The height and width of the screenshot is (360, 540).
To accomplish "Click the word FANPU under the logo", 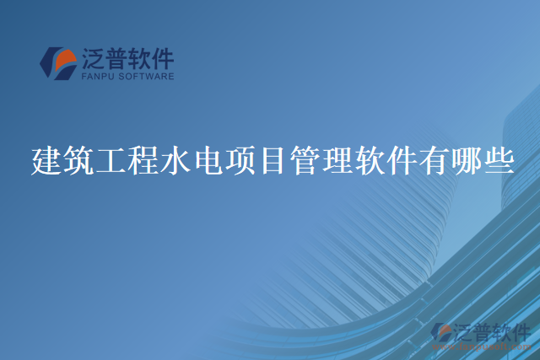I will coord(96,76).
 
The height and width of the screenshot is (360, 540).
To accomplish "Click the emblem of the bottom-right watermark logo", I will coord(443,333).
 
